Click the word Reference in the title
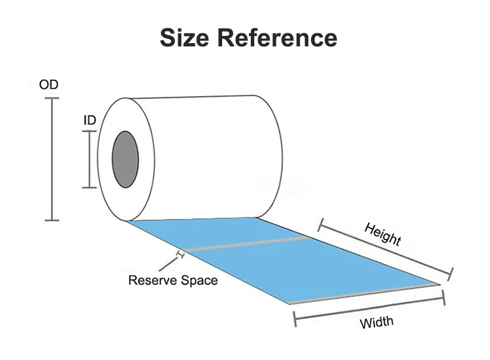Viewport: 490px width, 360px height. tap(278, 37)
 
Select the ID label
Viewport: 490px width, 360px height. tap(90, 121)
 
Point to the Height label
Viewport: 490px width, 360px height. tap(382, 233)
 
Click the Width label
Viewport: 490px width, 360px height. tap(376, 322)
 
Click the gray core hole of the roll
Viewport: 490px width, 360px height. tap(124, 158)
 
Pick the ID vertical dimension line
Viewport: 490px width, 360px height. tap(90, 159)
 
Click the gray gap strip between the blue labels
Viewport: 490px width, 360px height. tap(248, 244)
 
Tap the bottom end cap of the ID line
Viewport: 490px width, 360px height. tap(90, 188)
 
